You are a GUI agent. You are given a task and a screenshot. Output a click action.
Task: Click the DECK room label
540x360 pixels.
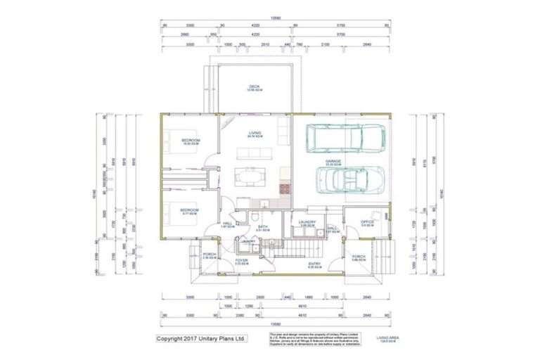(x=254, y=88)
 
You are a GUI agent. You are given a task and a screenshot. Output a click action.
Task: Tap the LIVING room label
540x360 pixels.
(x=255, y=134)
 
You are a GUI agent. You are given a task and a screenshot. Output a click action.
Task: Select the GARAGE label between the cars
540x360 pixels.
(x=333, y=162)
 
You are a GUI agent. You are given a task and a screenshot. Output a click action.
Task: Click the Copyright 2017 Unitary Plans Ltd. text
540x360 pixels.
(x=201, y=338)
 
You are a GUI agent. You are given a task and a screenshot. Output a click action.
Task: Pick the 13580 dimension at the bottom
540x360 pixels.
(x=276, y=325)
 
